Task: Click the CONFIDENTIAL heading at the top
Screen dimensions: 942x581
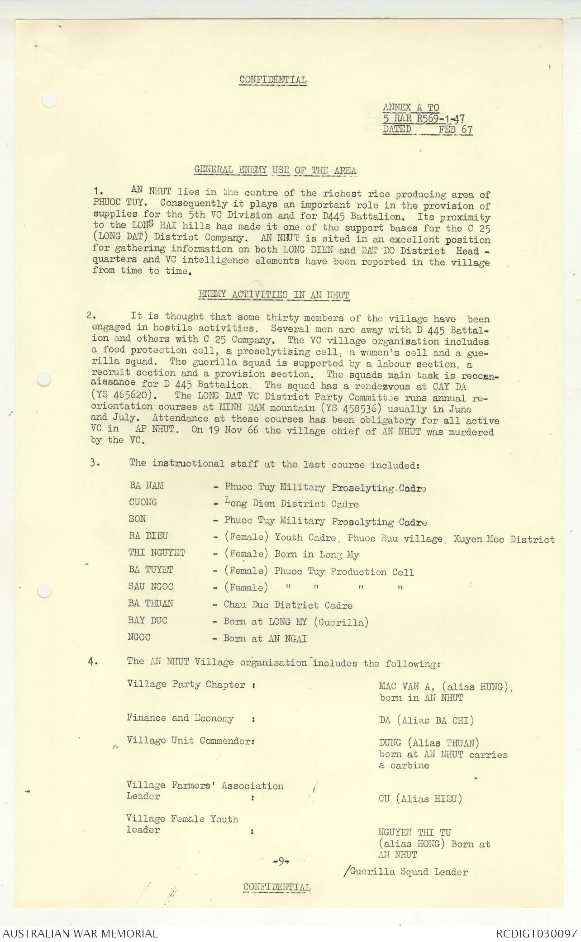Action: [273, 80]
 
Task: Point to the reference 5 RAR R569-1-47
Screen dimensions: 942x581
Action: [424, 119]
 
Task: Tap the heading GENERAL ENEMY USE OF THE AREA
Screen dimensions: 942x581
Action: [275, 170]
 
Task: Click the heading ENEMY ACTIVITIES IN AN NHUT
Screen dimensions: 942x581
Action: [274, 295]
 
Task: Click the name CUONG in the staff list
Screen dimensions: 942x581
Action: [143, 502]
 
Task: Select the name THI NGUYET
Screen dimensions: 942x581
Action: [156, 553]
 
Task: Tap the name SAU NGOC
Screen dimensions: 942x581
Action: [150, 586]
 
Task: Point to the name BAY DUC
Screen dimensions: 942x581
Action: [148, 620]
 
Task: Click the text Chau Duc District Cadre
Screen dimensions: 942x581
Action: [288, 605]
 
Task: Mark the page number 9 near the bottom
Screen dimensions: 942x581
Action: [281, 861]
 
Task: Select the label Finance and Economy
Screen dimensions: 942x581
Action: [180, 718]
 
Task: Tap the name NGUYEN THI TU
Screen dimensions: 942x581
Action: [414, 832]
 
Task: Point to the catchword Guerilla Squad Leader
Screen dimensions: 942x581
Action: [406, 872]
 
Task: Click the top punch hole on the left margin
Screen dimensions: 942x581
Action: [49, 100]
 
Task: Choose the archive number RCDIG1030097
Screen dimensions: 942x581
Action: [536, 933]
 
